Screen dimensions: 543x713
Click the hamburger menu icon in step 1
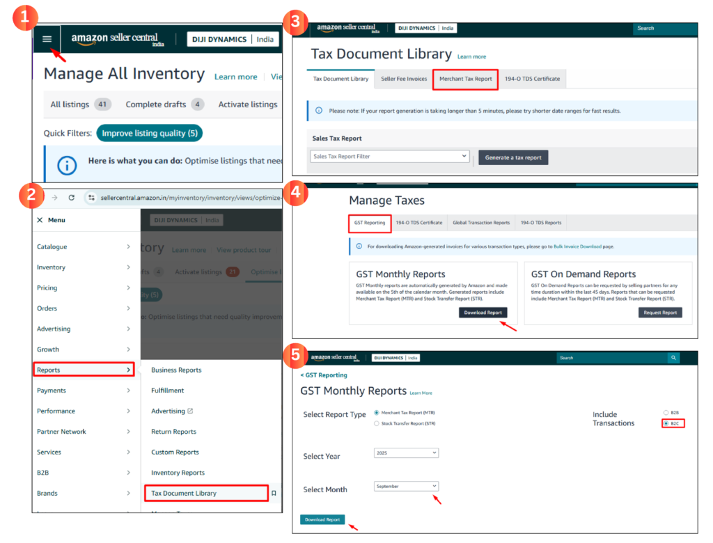(x=47, y=39)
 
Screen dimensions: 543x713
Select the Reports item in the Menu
(x=83, y=370)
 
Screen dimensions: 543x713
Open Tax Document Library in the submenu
(x=205, y=493)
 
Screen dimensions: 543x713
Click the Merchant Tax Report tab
(x=465, y=79)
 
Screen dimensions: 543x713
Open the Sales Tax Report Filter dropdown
(x=389, y=157)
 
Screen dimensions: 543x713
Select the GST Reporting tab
(x=369, y=223)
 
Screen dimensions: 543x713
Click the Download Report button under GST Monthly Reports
(x=483, y=313)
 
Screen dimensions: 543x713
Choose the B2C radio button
(x=666, y=423)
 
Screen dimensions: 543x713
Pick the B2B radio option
(x=666, y=413)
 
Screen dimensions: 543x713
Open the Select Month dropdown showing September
(x=406, y=486)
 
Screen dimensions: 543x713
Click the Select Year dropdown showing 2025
(x=406, y=453)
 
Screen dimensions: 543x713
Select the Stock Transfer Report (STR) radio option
(x=377, y=423)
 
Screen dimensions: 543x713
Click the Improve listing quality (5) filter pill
(x=149, y=133)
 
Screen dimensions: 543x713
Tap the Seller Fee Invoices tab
(x=403, y=79)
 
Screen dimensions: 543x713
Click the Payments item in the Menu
(x=52, y=391)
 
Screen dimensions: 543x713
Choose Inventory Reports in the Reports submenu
(x=178, y=473)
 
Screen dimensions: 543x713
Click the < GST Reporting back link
(x=324, y=375)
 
